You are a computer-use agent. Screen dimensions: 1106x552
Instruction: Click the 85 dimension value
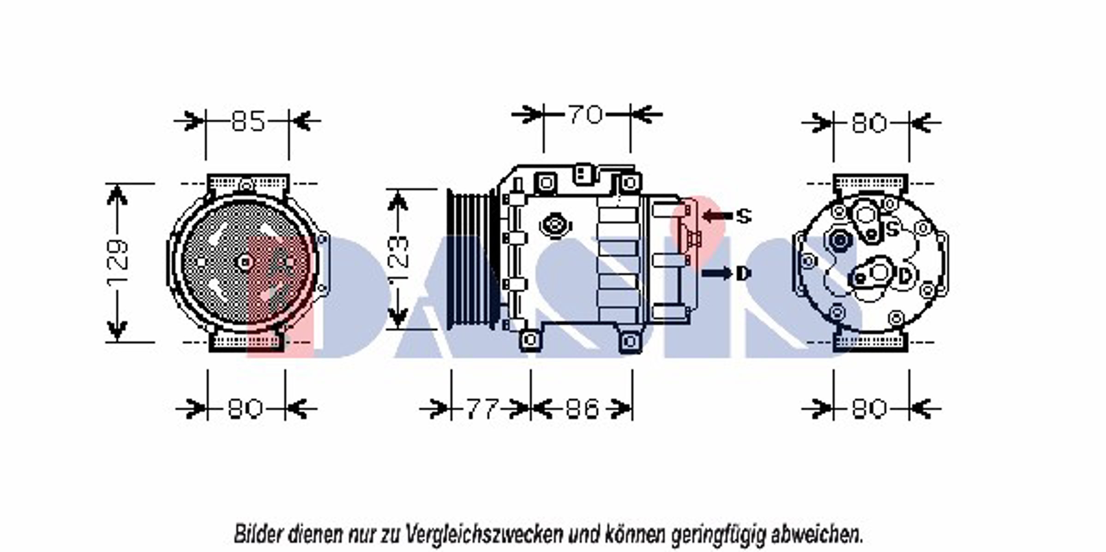248,121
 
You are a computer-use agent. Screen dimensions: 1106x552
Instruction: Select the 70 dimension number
585,114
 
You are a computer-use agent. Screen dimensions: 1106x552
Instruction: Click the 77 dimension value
482,408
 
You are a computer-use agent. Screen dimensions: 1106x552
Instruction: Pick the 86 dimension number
582,408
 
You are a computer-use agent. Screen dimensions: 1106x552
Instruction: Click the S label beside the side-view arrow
743,216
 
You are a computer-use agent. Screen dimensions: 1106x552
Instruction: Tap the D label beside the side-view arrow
742,274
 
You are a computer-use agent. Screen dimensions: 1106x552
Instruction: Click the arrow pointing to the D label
717,274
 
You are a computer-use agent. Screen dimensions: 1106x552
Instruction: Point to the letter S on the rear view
893,228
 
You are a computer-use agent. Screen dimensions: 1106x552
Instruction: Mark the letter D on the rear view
905,276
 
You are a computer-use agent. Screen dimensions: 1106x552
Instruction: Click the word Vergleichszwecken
485,535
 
